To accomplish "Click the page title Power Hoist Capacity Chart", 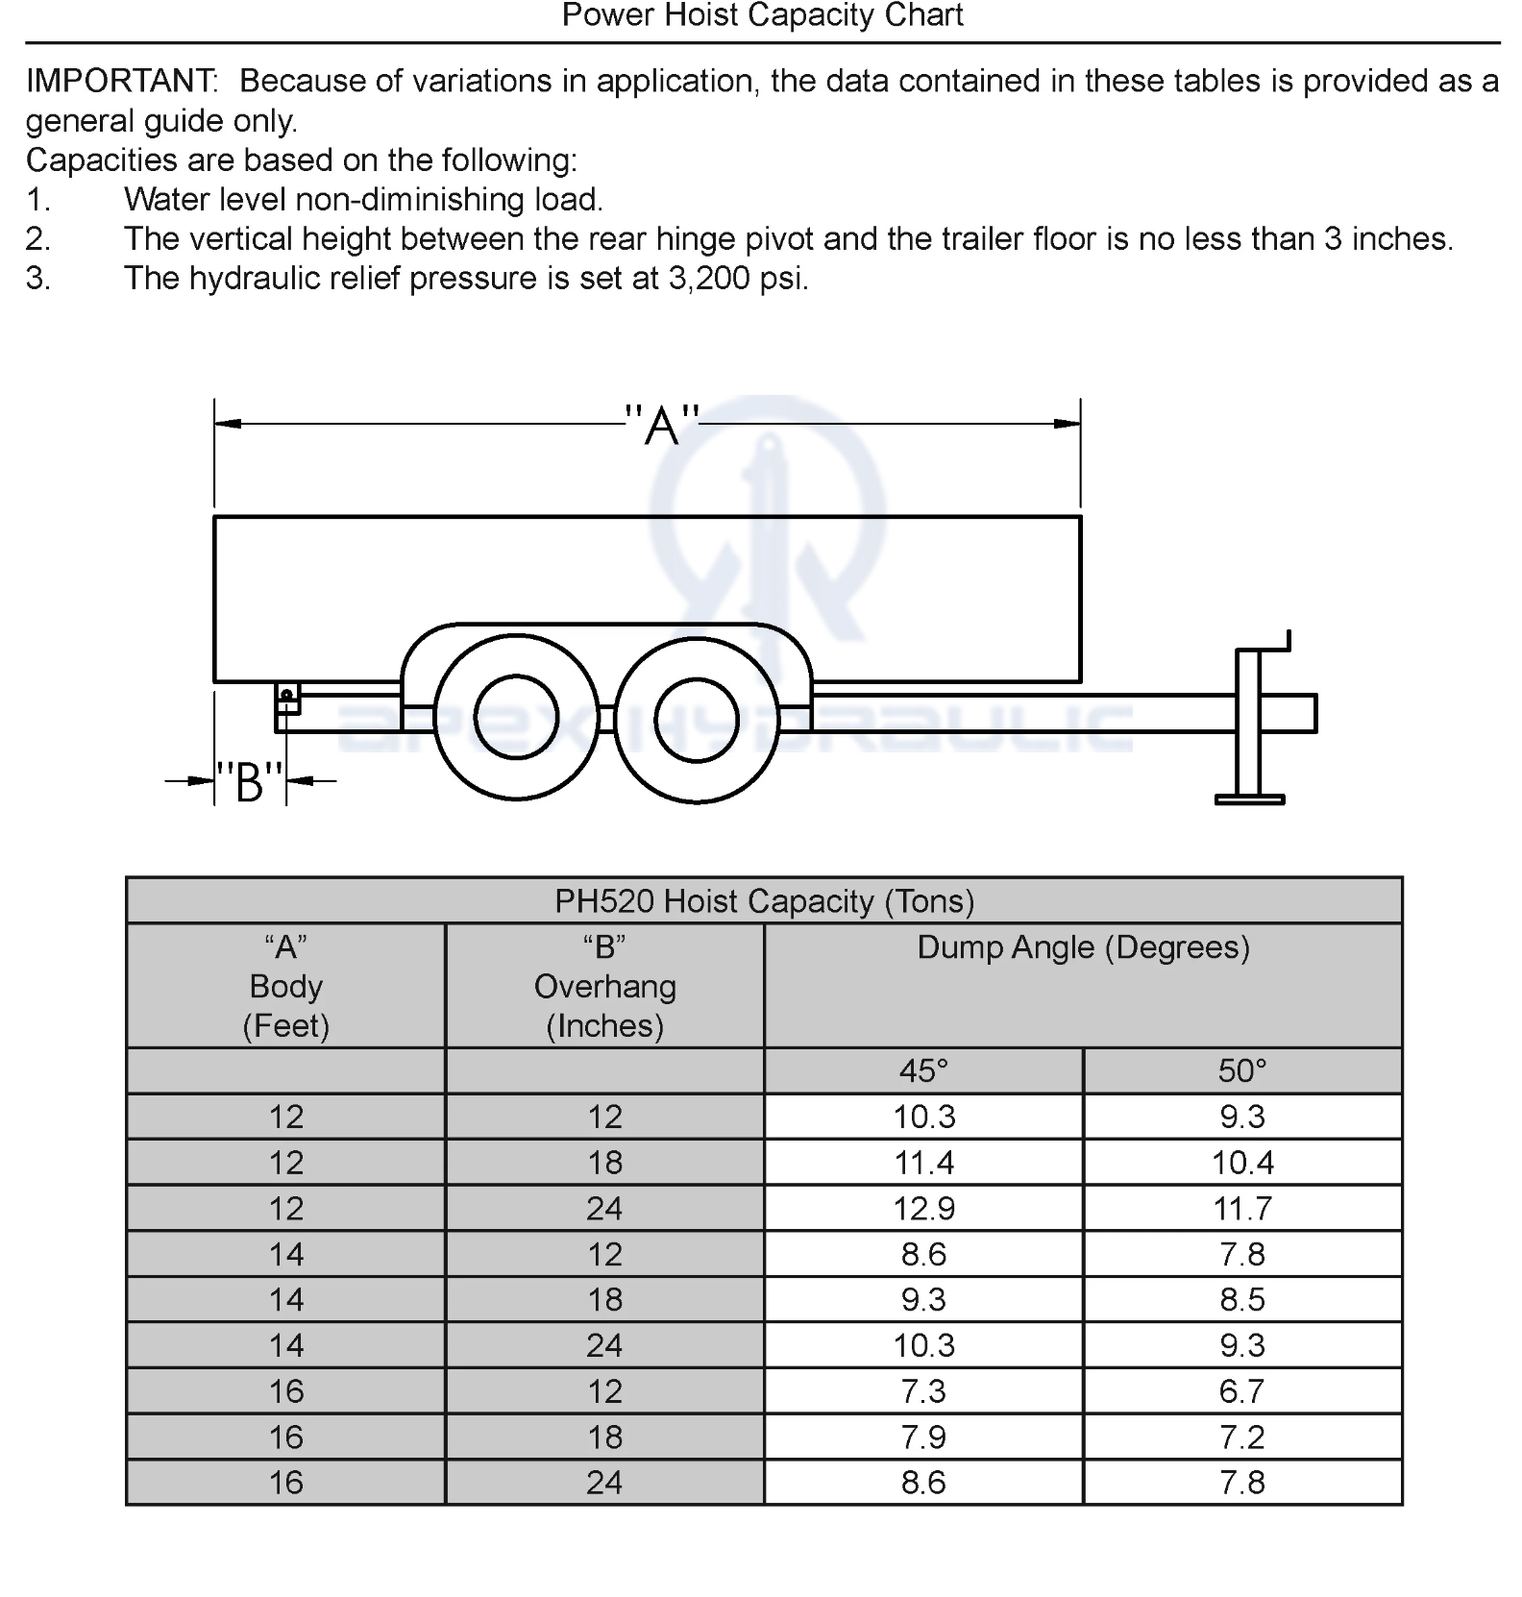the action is (762, 15).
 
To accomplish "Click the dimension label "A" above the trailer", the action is (662, 425).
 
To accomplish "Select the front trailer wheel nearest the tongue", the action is (697, 720).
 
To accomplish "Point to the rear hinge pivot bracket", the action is (287, 698).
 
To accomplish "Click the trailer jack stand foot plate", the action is (1249, 798).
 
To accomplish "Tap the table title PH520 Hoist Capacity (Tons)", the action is (764, 901).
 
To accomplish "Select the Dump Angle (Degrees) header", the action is (1083, 947).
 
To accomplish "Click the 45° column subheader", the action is (923, 1070).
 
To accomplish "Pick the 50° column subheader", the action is (1242, 1070).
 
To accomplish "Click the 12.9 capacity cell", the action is (923, 1208).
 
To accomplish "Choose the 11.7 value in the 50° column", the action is (1242, 1208).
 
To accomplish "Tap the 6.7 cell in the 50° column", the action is (1242, 1390).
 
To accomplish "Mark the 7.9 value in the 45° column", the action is (923, 1437).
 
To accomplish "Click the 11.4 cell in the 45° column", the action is (923, 1163).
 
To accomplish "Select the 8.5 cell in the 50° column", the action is (1242, 1299).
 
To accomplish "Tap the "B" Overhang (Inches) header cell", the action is (604, 986).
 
